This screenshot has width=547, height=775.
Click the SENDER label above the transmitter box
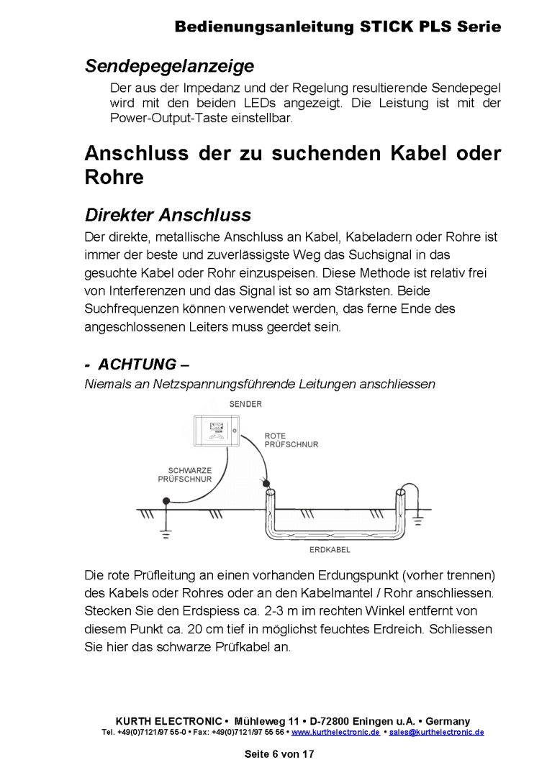[x=245, y=404]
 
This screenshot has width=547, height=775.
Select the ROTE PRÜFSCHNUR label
[x=291, y=440]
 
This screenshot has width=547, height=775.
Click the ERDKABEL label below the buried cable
[x=329, y=550]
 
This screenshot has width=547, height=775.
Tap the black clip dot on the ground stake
[x=166, y=500]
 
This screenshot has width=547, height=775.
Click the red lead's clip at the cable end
[x=266, y=483]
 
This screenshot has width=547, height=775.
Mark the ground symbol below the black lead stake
[x=166, y=534]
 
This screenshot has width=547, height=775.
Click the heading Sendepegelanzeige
[x=169, y=66]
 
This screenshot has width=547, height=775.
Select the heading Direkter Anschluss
[x=168, y=215]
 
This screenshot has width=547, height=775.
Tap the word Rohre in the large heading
[x=114, y=178]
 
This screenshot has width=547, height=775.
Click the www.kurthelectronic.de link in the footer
[x=335, y=732]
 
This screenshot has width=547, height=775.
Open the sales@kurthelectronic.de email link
[x=436, y=732]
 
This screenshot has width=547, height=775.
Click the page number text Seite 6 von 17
[x=279, y=754]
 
